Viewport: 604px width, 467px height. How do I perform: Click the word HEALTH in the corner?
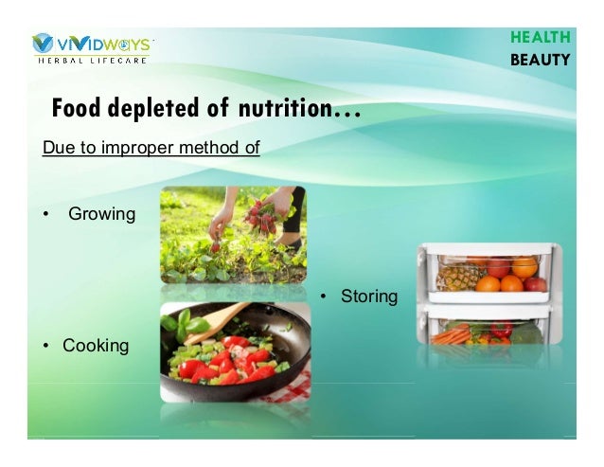[x=540, y=38]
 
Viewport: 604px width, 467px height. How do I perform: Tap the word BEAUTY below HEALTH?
[x=540, y=60]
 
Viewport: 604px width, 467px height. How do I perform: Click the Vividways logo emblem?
[x=43, y=44]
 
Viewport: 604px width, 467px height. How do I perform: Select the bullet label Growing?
[x=101, y=214]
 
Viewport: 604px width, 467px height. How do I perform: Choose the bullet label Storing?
[x=369, y=296]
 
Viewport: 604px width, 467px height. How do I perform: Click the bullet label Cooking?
[x=96, y=346]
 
